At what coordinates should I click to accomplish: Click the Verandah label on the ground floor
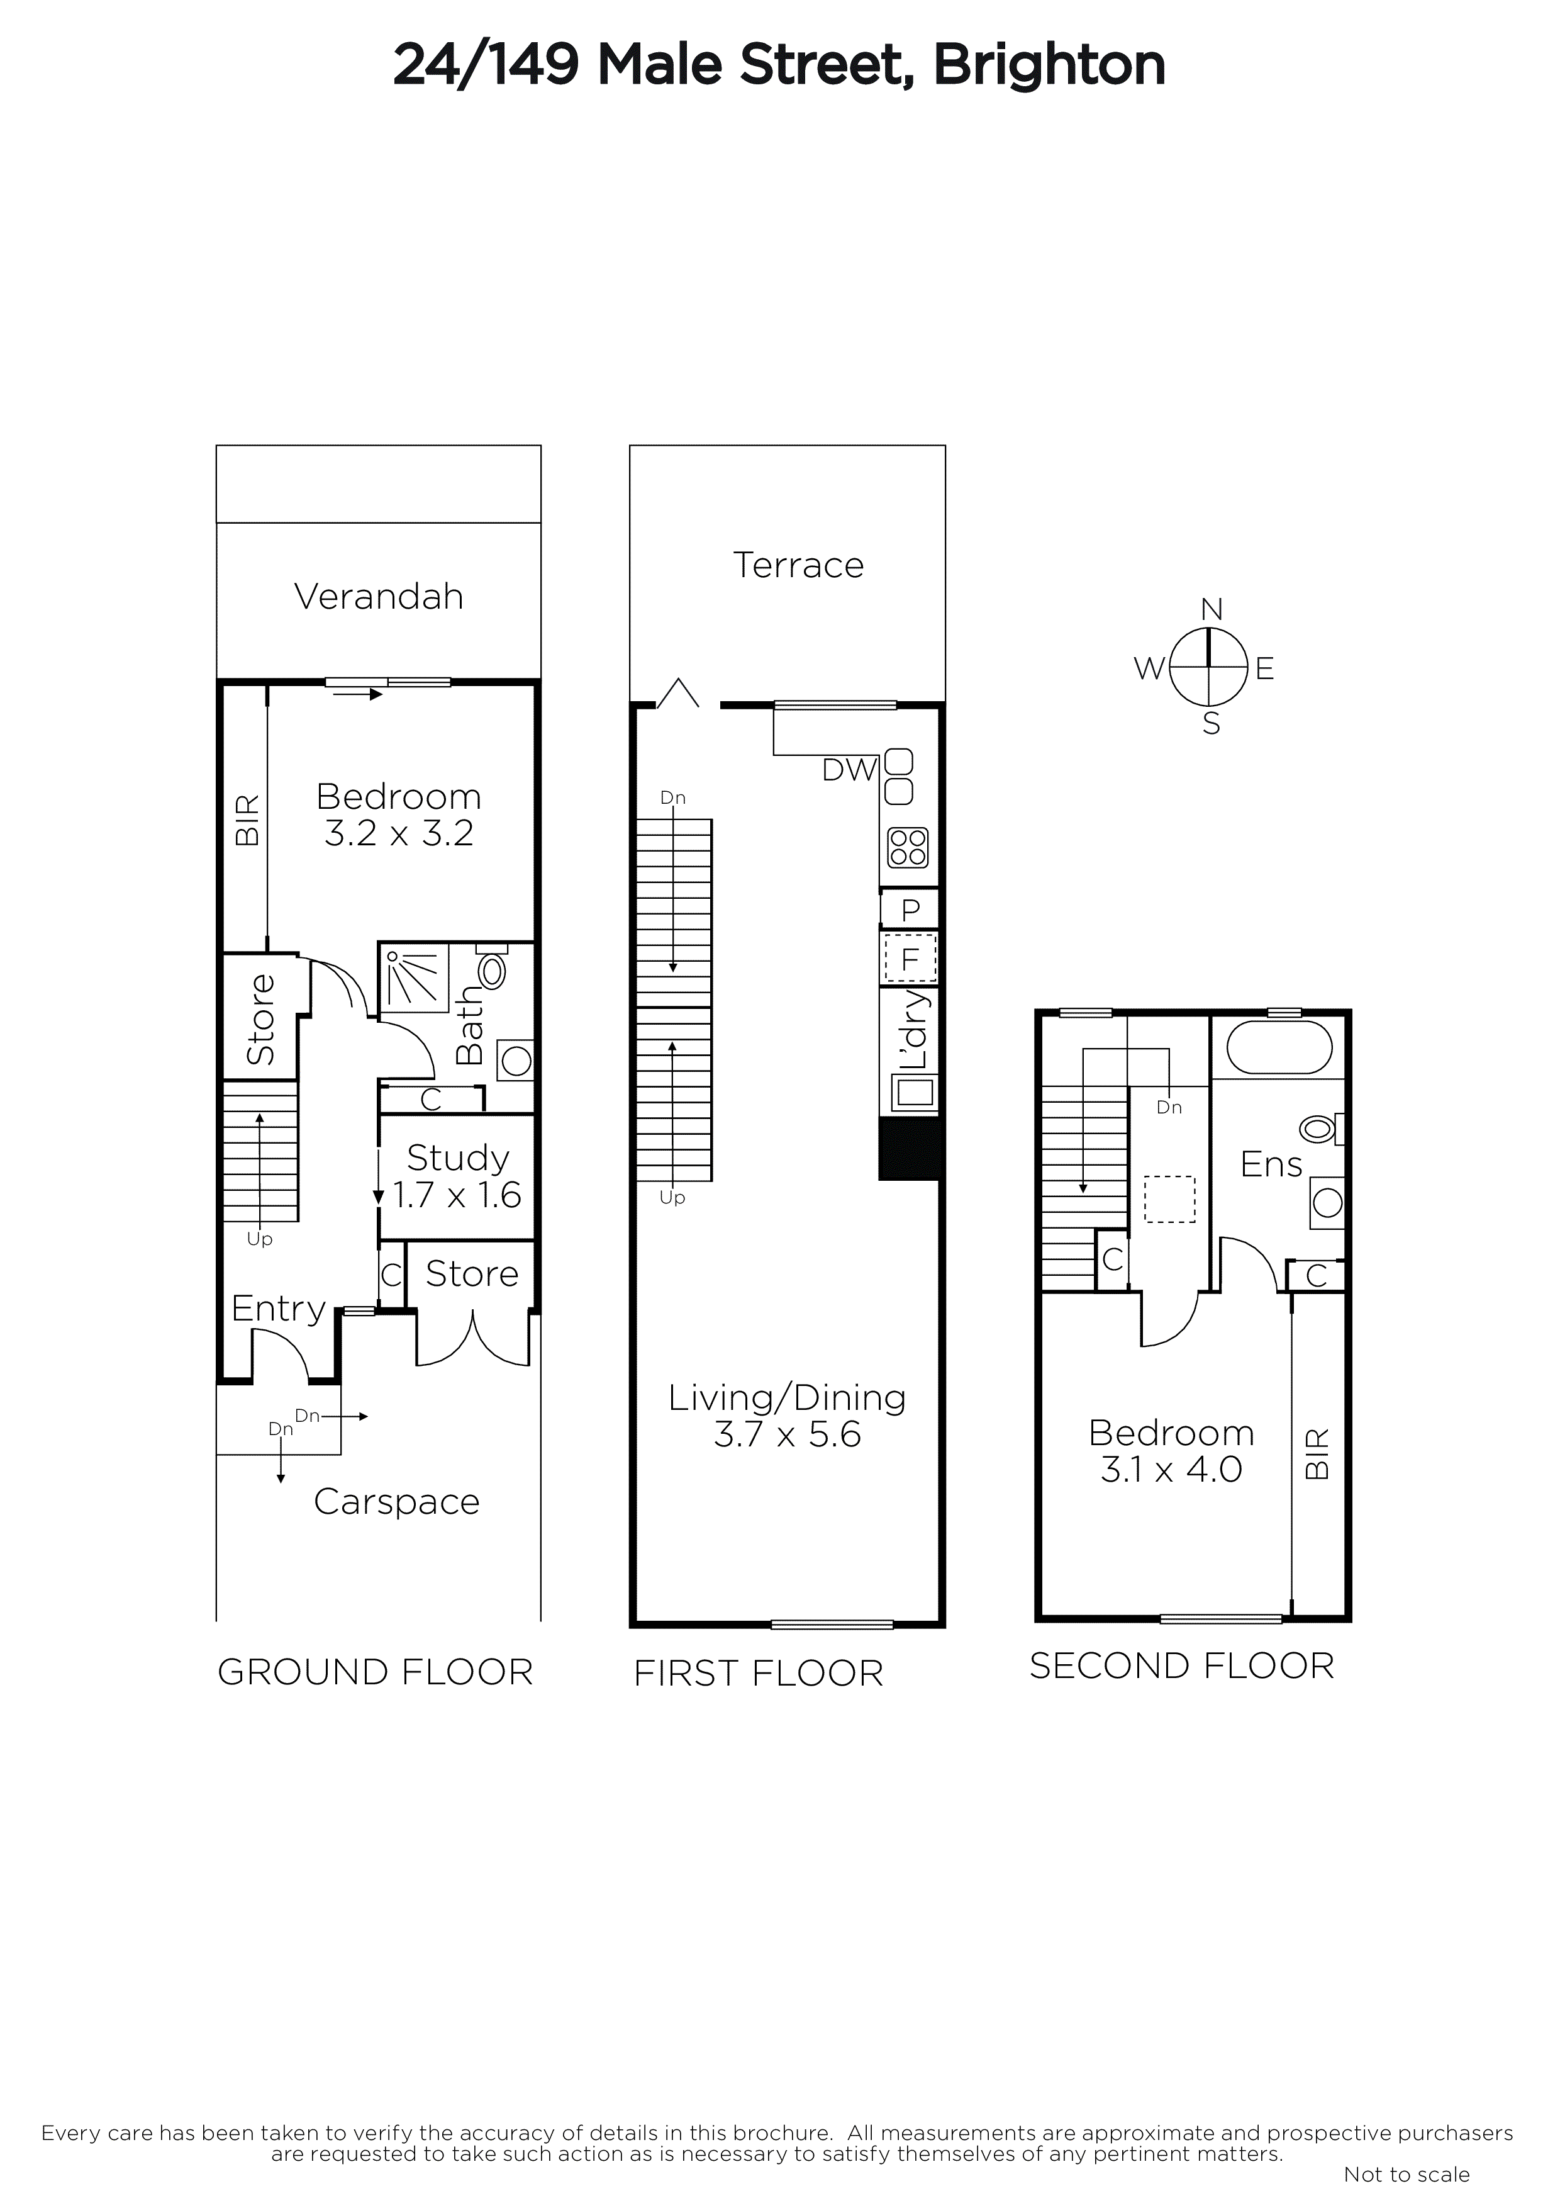pyautogui.click(x=379, y=597)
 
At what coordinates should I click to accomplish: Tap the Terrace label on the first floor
pyautogui.click(x=798, y=565)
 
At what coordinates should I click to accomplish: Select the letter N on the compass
pyautogui.click(x=1211, y=610)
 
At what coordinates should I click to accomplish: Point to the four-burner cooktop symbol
pyautogui.click(x=907, y=847)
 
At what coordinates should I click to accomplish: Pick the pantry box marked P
pyautogui.click(x=910, y=909)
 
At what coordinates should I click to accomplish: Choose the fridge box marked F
pyautogui.click(x=910, y=959)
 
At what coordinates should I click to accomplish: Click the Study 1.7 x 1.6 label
pyautogui.click(x=457, y=1176)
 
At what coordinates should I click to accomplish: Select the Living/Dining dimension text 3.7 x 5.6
pyautogui.click(x=786, y=1435)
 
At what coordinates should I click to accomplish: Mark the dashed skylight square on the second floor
pyautogui.click(x=1169, y=1199)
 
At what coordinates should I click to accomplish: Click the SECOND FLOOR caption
pyautogui.click(x=1181, y=1665)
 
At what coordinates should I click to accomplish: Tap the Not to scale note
pyautogui.click(x=1407, y=2175)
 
